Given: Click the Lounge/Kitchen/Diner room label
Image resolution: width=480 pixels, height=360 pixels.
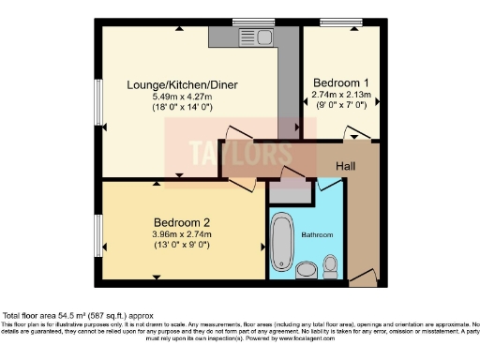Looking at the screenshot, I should [x=182, y=85].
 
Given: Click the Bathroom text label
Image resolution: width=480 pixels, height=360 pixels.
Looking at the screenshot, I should [x=316, y=234].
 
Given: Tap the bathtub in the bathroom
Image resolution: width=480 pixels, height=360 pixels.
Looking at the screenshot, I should [x=281, y=242].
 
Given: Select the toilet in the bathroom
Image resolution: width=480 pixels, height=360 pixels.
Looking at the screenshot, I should [x=330, y=270].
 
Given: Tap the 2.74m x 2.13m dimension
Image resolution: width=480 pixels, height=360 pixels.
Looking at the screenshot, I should [x=341, y=95].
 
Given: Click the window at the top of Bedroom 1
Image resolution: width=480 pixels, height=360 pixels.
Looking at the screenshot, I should [x=334, y=22].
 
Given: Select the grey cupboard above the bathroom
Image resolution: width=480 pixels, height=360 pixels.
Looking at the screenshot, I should [x=288, y=191].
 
